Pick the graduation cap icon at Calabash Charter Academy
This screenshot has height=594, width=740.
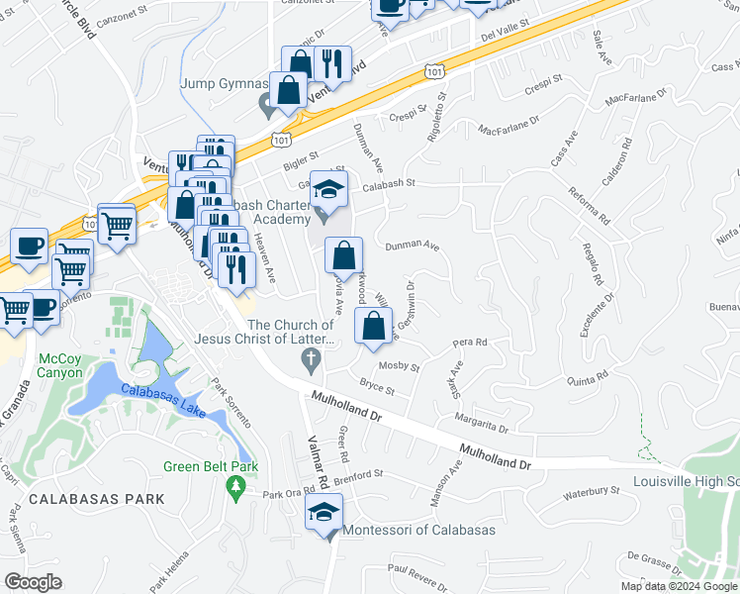(x=329, y=188)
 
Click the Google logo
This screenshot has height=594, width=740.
(x=33, y=582)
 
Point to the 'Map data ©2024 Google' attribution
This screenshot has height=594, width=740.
(x=678, y=586)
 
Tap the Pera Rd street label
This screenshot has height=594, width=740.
(x=470, y=343)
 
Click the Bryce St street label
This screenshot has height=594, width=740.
(x=377, y=387)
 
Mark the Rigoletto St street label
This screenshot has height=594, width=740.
(x=436, y=119)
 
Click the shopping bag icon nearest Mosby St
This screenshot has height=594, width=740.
(x=373, y=326)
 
